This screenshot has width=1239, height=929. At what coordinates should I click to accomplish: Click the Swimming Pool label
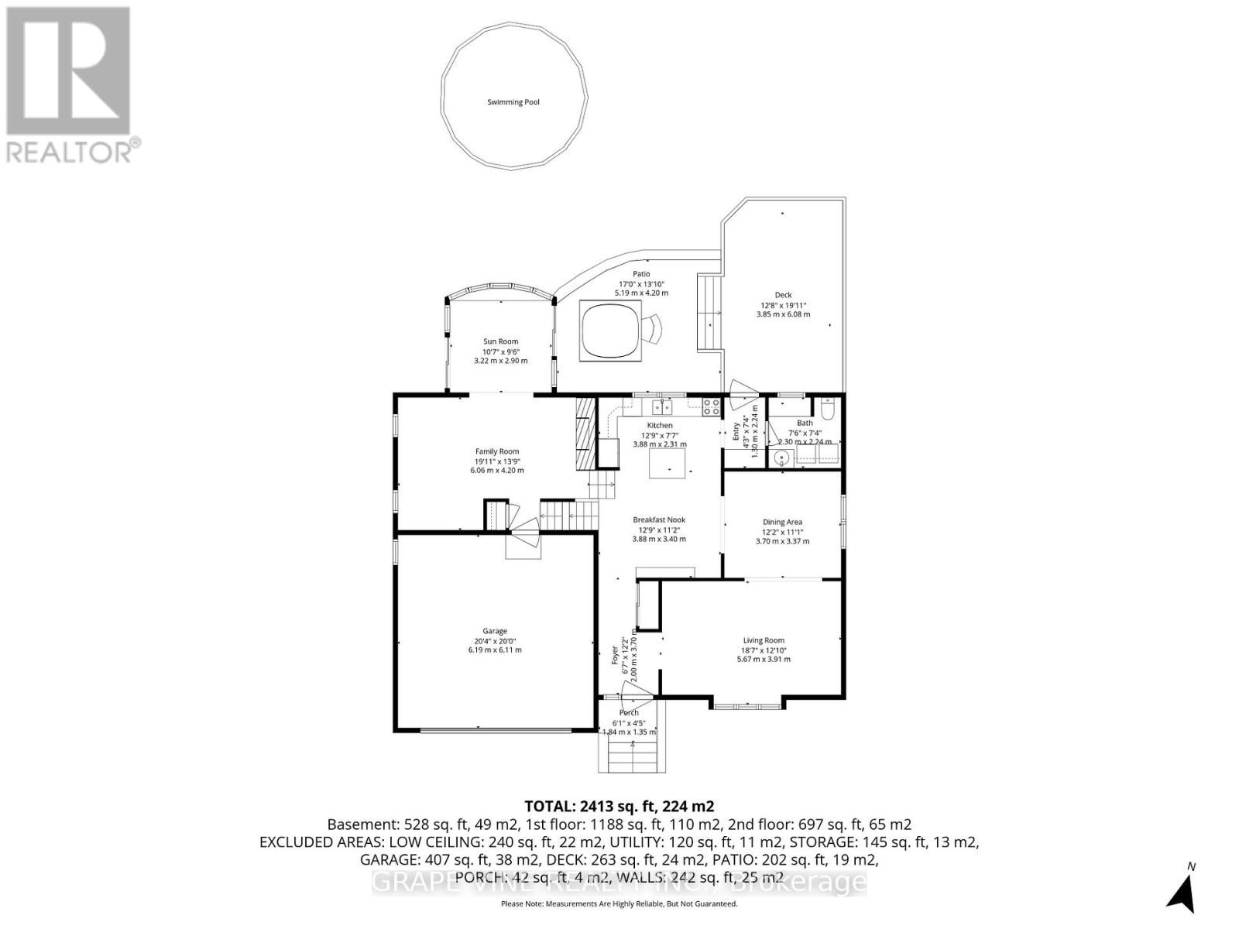513,102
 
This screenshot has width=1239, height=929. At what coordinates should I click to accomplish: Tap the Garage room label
490,631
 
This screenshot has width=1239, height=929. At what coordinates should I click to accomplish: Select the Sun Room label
500,341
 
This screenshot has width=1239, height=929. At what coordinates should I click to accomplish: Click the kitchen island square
668,464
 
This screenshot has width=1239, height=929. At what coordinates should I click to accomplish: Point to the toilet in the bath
826,408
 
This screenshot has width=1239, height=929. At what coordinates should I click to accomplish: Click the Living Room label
764,640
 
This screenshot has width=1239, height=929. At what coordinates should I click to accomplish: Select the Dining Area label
782,522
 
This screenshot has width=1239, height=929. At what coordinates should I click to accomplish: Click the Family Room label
497,451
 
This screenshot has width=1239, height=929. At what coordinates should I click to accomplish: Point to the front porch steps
633,756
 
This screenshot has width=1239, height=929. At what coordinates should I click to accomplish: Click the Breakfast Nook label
659,520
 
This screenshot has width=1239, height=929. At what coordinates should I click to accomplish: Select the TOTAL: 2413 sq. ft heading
619,805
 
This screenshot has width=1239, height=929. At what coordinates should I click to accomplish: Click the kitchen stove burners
711,403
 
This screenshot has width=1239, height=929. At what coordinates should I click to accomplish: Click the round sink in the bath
782,458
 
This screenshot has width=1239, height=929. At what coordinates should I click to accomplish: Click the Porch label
629,713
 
